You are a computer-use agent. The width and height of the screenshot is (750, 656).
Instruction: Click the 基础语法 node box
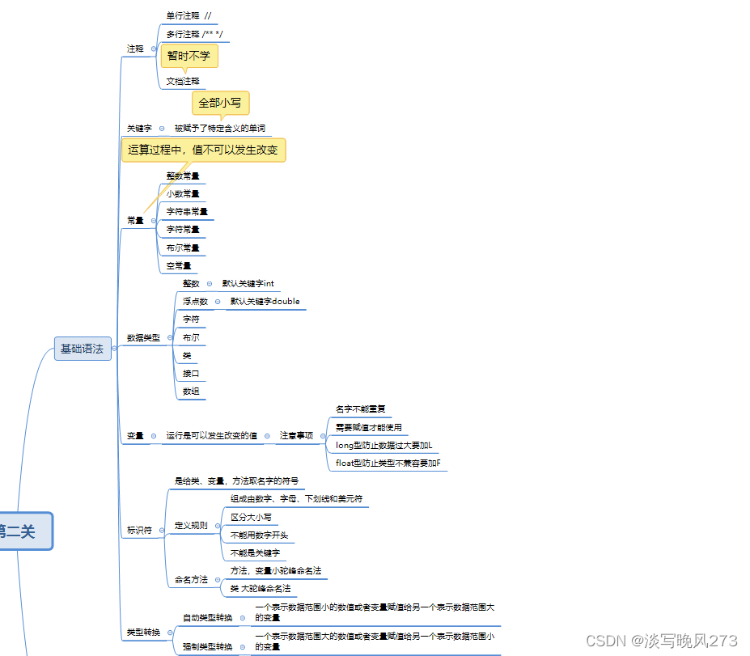point(83,349)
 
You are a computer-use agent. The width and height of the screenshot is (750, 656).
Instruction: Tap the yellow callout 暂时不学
point(190,56)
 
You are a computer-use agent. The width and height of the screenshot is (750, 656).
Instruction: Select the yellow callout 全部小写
point(220,103)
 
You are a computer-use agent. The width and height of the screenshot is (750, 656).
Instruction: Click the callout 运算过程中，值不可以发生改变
point(203,150)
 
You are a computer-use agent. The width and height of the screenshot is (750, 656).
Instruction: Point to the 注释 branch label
point(135,49)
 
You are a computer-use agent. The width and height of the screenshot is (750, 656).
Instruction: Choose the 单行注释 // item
point(189,15)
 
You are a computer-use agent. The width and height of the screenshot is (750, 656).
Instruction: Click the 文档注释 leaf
point(183,81)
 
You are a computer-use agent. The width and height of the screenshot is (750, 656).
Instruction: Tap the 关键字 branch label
point(139,128)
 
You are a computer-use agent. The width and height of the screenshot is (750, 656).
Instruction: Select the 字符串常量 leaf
point(187,211)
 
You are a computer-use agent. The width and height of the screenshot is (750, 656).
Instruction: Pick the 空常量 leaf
point(179,265)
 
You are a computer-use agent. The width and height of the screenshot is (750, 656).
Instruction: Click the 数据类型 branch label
point(143,337)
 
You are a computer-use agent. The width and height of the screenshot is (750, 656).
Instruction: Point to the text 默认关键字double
point(265,301)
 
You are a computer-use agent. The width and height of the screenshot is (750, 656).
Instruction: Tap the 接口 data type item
point(191,374)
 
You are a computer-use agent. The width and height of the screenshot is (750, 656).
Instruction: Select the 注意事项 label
point(296,435)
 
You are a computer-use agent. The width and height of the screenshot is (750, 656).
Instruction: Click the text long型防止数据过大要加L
point(383,445)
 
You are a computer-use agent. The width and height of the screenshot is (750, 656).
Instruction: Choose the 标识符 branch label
point(139,531)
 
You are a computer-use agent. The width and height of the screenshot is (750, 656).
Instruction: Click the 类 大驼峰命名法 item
point(260,588)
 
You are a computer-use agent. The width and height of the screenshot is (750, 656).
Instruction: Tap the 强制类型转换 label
point(207,646)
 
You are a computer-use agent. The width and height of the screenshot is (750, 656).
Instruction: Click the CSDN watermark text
point(661,641)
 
